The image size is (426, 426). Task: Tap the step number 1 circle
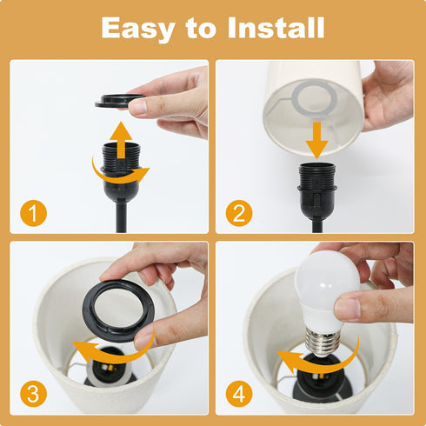31,213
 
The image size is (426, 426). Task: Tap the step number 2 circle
236,213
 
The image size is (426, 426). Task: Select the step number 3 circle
31,393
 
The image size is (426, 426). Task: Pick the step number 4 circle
236,393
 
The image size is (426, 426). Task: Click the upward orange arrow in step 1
123,138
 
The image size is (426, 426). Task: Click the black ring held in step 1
119,101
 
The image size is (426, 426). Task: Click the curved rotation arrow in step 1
121,170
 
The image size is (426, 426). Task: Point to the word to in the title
203,28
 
